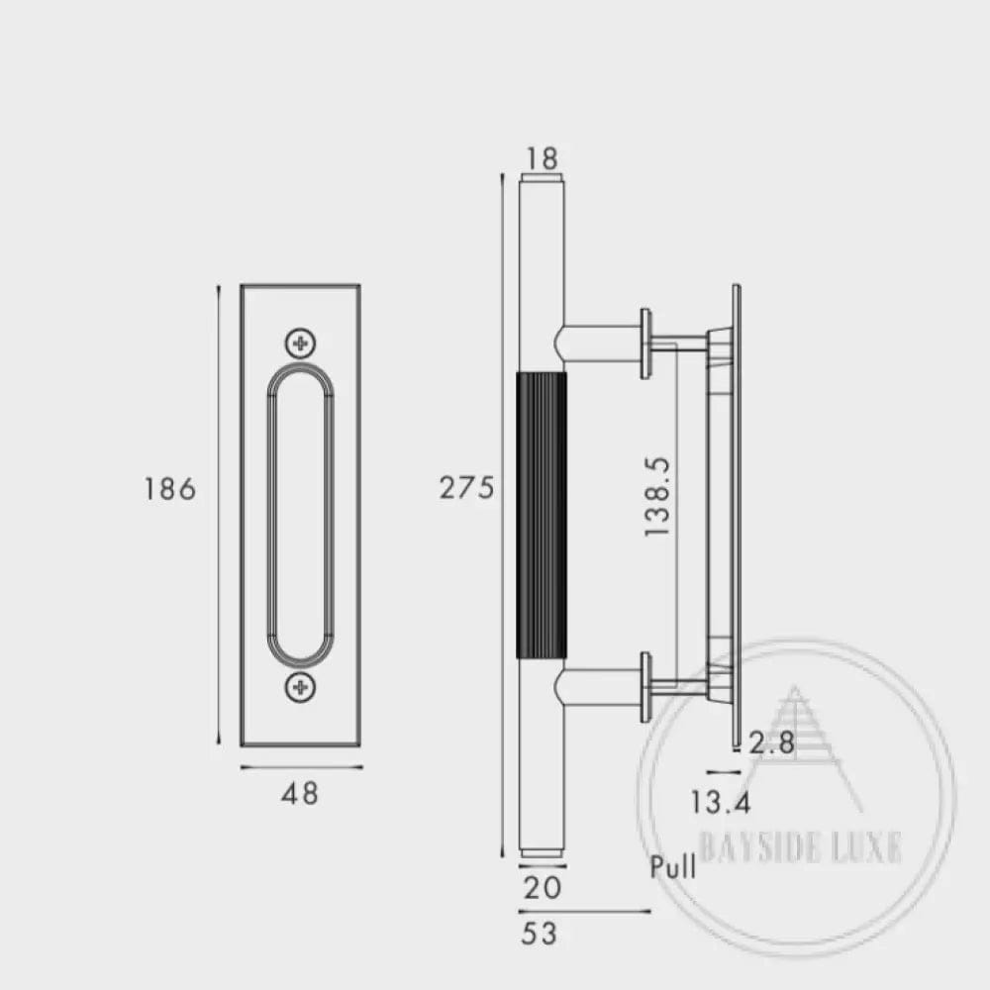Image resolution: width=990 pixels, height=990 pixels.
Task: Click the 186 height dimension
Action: [x=170, y=489]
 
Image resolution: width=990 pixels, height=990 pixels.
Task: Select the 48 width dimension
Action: [x=300, y=794]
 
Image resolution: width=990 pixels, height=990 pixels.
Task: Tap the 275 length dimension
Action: [x=466, y=488]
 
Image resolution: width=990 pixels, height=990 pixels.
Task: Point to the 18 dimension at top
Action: [x=542, y=158]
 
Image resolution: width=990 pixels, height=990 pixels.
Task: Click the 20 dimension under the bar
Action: [x=543, y=888]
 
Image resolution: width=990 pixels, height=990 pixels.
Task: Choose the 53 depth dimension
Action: [x=540, y=934]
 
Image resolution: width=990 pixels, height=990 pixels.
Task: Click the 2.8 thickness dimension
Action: [x=771, y=742]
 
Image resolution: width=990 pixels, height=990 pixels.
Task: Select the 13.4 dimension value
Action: [x=721, y=803]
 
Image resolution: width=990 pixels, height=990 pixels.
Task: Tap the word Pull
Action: [x=673, y=866]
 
